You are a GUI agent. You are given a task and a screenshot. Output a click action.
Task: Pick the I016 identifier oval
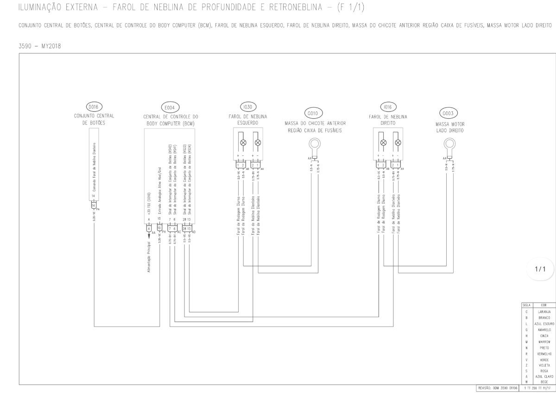(388, 107)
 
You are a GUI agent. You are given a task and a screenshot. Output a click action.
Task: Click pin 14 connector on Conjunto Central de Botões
(93, 205)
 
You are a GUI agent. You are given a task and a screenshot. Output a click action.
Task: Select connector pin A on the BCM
(149, 228)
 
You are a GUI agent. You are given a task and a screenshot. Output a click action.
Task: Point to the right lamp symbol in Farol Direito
(397, 142)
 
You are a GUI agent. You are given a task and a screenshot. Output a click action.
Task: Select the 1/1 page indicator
(541, 269)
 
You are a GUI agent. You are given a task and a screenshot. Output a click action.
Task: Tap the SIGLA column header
(526, 305)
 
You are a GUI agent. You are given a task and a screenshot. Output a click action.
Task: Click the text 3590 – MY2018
(40, 46)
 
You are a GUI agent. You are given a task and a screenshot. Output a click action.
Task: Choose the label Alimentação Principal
(149, 257)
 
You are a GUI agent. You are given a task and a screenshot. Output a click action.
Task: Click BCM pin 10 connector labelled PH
(159, 228)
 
